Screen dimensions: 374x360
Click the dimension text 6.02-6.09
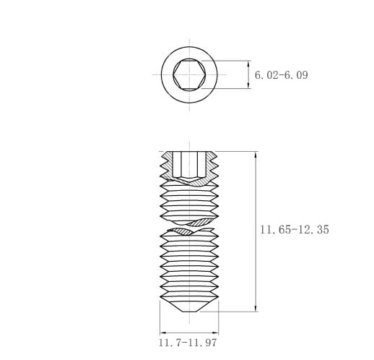[x=281, y=75]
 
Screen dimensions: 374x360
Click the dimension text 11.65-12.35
[x=295, y=229]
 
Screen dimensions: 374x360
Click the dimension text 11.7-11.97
[x=188, y=343]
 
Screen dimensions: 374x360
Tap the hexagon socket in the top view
[x=189, y=74]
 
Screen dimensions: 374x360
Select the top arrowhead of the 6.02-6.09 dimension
[x=248, y=64]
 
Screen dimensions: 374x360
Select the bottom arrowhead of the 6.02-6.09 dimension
[x=248, y=85]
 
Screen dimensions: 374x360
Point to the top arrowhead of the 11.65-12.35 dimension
[x=256, y=155]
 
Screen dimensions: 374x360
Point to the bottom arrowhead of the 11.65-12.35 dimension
[x=256, y=308]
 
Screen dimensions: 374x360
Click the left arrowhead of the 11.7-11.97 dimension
[x=164, y=333]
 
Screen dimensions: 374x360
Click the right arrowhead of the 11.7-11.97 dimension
[x=214, y=333]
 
